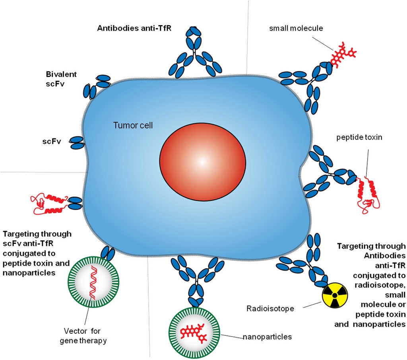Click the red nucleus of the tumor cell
pos(202,162)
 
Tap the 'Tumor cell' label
pos(133,125)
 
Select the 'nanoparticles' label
pos(267,337)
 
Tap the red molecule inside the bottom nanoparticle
pos(194,331)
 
